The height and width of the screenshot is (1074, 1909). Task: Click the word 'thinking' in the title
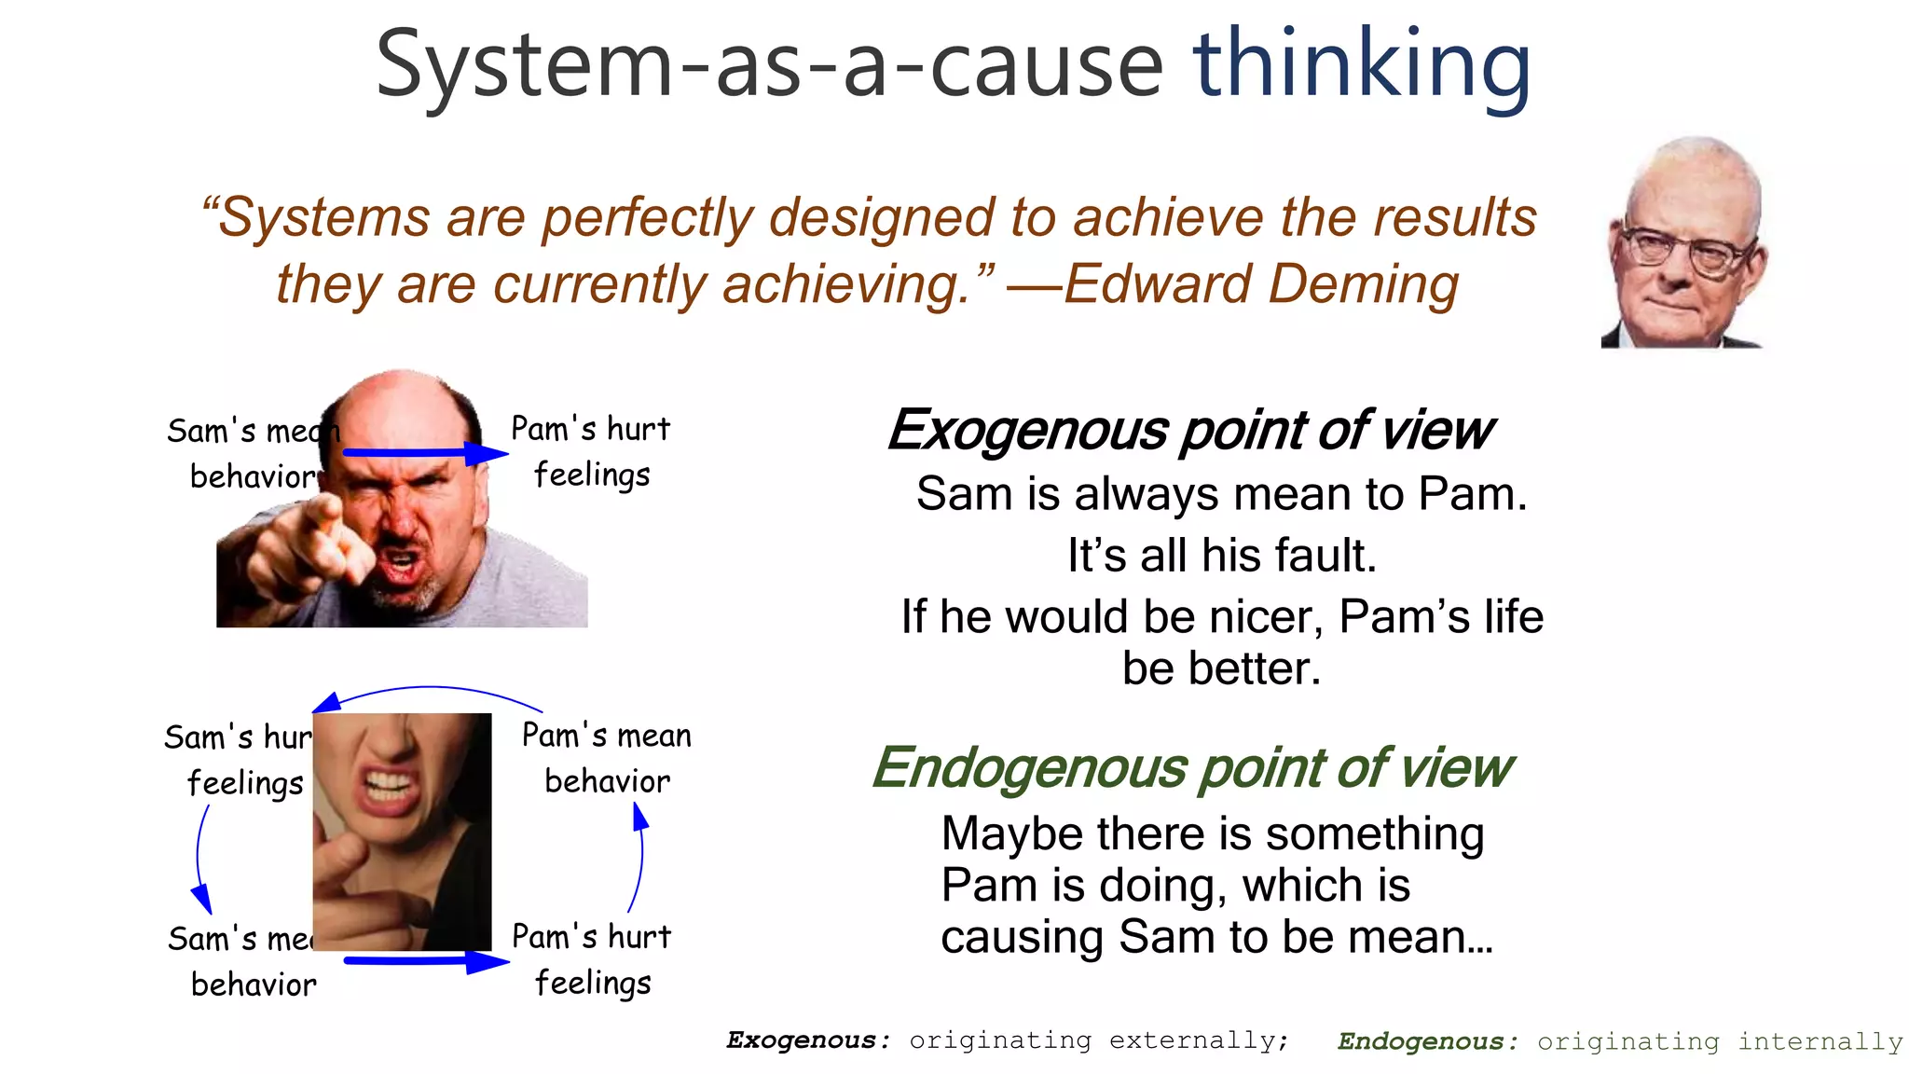click(x=1361, y=65)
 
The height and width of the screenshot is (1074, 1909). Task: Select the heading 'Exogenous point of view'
click(x=1189, y=431)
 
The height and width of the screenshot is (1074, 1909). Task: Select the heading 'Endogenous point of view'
click(x=1191, y=768)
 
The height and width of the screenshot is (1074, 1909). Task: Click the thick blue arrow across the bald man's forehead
click(x=424, y=453)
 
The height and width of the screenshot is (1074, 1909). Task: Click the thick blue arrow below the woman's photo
click(x=424, y=960)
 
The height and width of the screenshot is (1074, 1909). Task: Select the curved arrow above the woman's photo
click(x=429, y=691)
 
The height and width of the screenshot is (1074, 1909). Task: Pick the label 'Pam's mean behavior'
click(x=607, y=758)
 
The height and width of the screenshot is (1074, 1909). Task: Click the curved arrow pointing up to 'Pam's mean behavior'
click(x=639, y=858)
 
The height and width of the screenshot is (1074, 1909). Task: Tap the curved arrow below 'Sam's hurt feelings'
click(x=199, y=858)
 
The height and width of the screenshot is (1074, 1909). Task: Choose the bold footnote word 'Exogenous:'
click(x=807, y=1040)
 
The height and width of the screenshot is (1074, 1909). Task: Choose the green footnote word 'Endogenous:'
click(x=1427, y=1041)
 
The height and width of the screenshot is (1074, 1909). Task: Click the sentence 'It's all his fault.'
click(x=1221, y=556)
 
